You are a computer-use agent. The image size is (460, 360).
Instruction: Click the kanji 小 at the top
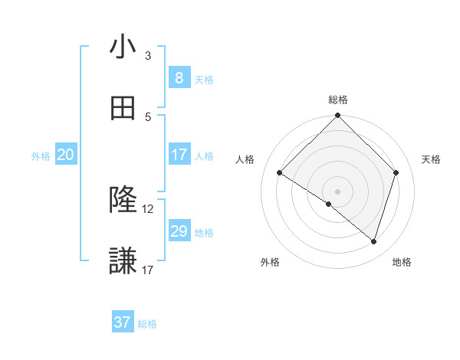pos(123,47)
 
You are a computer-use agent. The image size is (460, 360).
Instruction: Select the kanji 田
pos(123,109)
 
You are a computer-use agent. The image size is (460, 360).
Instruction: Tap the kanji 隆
pos(123,200)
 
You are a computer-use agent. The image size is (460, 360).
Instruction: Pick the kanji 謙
pos(123,261)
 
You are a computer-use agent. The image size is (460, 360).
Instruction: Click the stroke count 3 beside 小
pos(148,55)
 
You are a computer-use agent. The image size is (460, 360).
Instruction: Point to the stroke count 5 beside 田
pos(148,116)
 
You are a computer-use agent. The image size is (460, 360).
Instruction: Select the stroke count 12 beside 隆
pos(148,208)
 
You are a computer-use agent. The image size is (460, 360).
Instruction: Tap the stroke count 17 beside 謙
pos(148,270)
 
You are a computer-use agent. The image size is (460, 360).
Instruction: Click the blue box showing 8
pos(179,77)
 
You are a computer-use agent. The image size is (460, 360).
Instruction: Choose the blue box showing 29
pos(179,231)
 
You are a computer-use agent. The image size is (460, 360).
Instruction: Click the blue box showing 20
pos(66,155)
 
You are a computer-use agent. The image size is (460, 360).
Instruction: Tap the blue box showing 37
pos(123,322)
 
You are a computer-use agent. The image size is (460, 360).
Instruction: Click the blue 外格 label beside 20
pos(41,155)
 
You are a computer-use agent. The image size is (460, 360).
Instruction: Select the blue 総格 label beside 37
pos(147,324)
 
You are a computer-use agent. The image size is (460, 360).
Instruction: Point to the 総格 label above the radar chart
pos(337,100)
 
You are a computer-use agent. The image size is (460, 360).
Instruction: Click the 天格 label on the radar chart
pos(431,159)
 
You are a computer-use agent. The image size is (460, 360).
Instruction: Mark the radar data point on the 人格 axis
pos(279,173)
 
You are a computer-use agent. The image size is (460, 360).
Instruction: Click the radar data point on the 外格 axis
pos(329,204)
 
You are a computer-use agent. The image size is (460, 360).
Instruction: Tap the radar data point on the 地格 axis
pos(373,241)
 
